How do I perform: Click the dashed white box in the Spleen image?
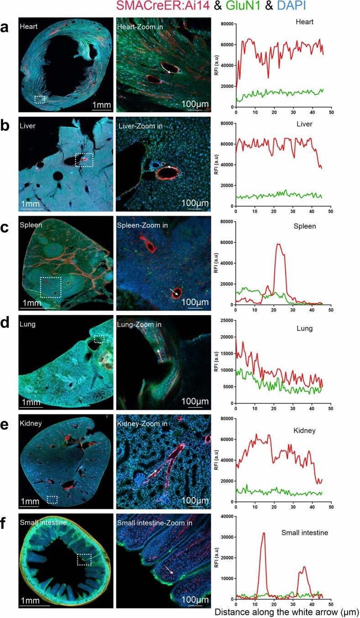50,287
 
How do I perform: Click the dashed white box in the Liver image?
84,160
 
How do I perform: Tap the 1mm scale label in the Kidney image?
28,501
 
